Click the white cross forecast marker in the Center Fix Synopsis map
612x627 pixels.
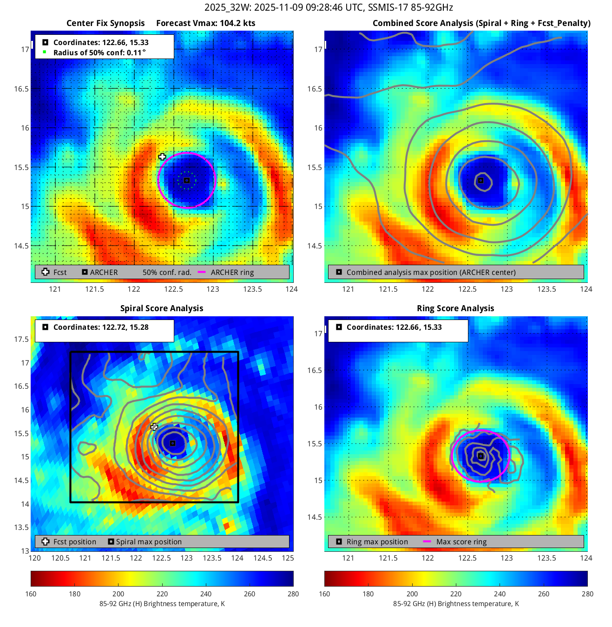[x=162, y=157]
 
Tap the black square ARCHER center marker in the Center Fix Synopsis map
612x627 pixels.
[x=187, y=180]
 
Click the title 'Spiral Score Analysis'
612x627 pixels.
[x=162, y=308]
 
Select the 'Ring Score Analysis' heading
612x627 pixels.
[x=455, y=308]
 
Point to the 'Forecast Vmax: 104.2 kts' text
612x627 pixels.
[x=205, y=23]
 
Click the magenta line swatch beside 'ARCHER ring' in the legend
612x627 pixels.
[x=202, y=272]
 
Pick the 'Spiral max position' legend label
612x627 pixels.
[x=149, y=542]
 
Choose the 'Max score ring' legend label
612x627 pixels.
[x=461, y=542]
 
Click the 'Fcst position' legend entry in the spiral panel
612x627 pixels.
[x=74, y=542]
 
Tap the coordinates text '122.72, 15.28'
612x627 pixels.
[x=124, y=327]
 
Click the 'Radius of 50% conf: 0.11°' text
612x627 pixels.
[x=99, y=52]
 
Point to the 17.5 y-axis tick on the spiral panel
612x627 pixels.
[x=21, y=339]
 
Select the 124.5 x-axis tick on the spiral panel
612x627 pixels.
[x=263, y=558]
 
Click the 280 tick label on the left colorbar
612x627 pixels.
[x=293, y=594]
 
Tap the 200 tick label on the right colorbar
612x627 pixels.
[x=412, y=594]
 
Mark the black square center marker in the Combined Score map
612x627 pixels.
[x=481, y=180]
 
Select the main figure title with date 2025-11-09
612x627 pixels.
[x=329, y=7]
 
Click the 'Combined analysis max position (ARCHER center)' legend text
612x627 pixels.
[x=431, y=272]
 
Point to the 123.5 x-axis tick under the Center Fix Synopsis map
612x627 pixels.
[x=252, y=289]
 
